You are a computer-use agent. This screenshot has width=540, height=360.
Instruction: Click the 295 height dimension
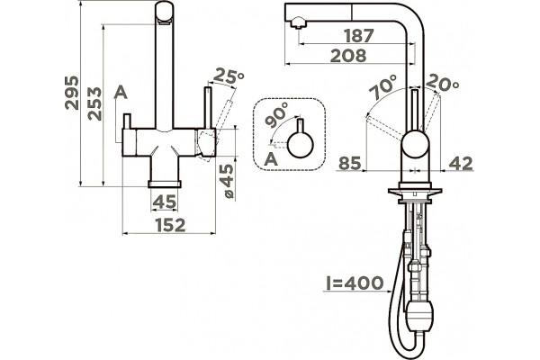(x=72, y=93)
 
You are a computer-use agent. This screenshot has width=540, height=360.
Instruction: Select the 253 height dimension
(x=94, y=103)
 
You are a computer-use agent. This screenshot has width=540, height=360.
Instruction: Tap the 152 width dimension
(x=170, y=225)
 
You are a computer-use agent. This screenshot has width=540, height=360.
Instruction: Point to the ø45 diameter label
(x=228, y=181)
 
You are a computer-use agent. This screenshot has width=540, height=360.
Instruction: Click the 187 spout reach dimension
(x=359, y=35)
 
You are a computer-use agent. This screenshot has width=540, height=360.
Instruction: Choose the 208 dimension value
(x=348, y=56)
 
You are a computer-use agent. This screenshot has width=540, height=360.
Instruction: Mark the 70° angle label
(x=383, y=87)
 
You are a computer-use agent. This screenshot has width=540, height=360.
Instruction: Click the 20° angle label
(x=443, y=84)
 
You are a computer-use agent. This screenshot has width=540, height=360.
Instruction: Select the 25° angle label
(x=229, y=76)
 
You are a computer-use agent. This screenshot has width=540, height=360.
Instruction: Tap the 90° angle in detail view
(x=277, y=114)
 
